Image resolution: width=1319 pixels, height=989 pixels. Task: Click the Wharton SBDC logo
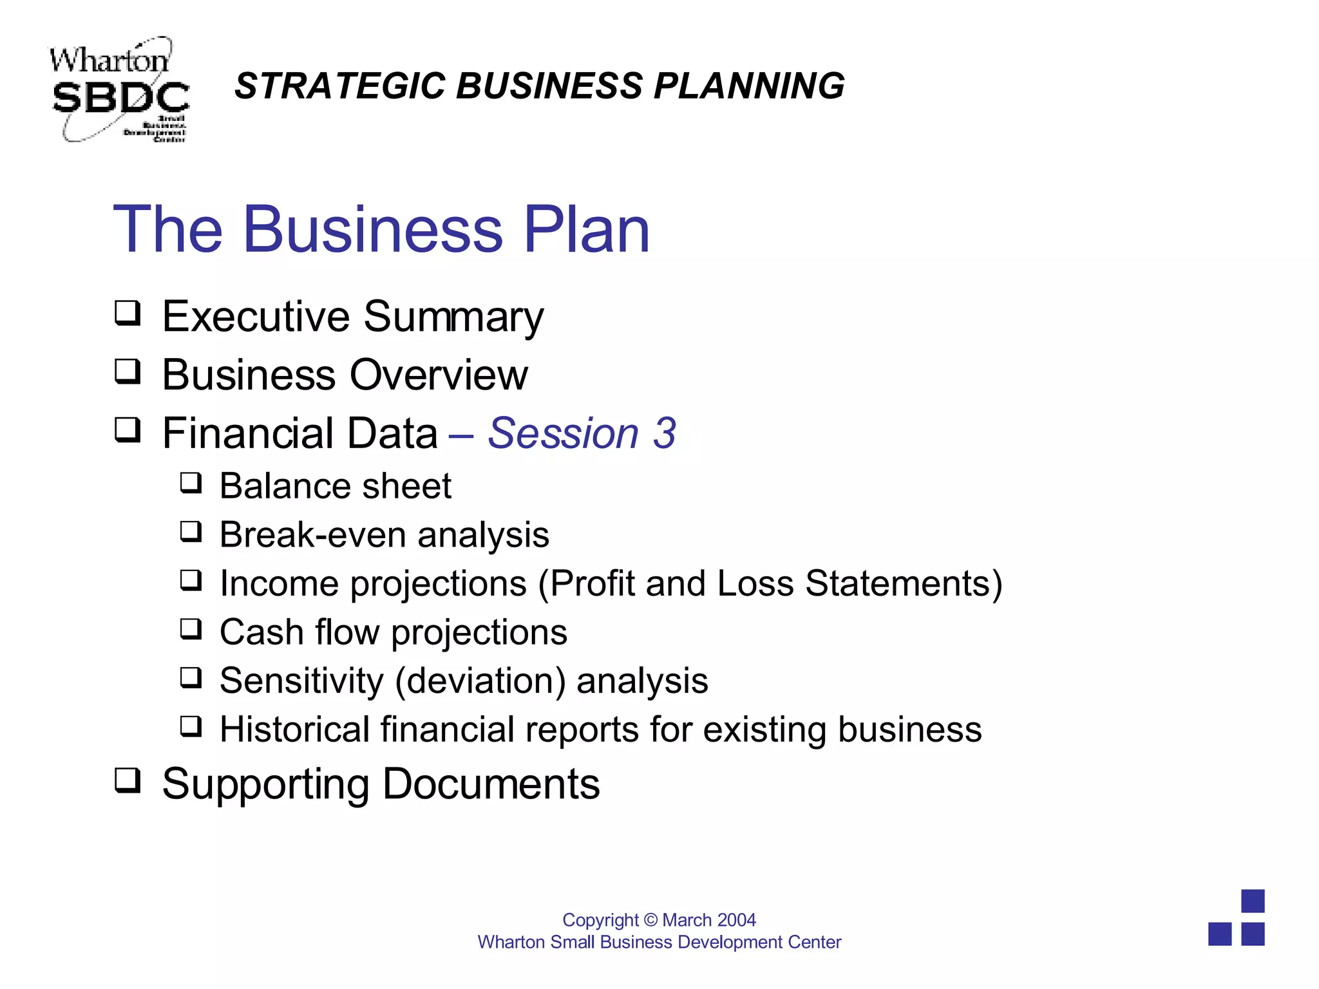click(x=119, y=90)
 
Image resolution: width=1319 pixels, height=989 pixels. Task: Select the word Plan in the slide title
click(x=586, y=230)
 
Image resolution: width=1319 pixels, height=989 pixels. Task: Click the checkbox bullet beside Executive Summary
click(x=128, y=314)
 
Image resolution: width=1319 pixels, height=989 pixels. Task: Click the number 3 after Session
click(x=665, y=433)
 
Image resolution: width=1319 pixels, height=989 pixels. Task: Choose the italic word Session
click(x=563, y=433)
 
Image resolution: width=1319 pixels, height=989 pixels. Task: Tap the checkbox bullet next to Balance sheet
click(x=191, y=483)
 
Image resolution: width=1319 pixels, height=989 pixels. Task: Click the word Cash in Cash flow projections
click(x=261, y=632)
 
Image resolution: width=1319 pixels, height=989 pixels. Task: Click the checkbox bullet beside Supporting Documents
click(x=128, y=780)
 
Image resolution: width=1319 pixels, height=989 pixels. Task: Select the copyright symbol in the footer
click(x=650, y=920)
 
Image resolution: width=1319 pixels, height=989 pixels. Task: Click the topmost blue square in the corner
click(x=1253, y=901)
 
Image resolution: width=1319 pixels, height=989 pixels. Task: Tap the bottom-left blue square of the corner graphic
click(x=1220, y=934)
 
